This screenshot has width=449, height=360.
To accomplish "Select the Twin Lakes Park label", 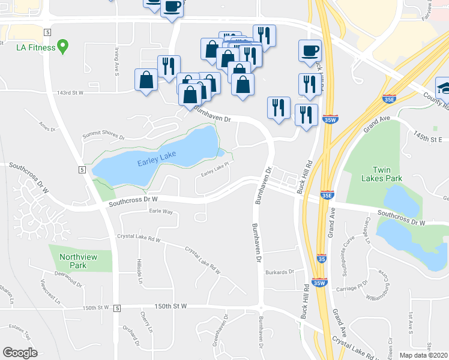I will tap(381, 174).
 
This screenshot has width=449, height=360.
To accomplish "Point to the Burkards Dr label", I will tap(280, 271).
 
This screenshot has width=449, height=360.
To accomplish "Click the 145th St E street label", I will tap(427, 139).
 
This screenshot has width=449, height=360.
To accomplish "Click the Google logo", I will tap(20, 352).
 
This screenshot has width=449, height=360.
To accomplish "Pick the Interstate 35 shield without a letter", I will tap(322, 259).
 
